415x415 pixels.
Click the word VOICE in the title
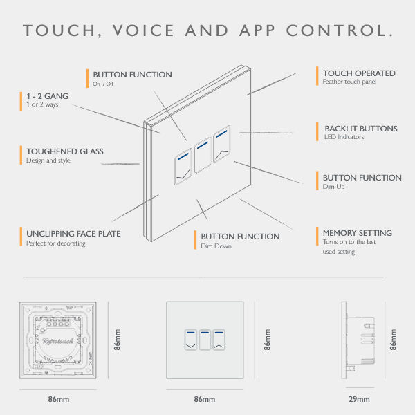click(x=143, y=30)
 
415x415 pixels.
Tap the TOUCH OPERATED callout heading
click(x=359, y=73)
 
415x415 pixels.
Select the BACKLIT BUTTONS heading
click(x=361, y=129)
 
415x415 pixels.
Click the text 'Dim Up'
click(x=333, y=187)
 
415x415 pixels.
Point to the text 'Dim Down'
click(x=216, y=246)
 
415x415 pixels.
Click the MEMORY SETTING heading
click(x=358, y=233)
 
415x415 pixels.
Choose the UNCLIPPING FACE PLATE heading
click(x=73, y=234)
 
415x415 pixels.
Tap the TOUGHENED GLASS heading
click(x=65, y=151)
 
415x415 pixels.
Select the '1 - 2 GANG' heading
click(x=47, y=96)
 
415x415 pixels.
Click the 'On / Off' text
click(x=103, y=84)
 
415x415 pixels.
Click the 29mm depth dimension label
click(x=359, y=399)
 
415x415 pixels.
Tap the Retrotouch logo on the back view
click(x=57, y=341)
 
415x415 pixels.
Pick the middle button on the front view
click(x=205, y=340)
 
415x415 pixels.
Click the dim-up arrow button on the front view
click(x=219, y=340)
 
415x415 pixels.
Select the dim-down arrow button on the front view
click(x=191, y=340)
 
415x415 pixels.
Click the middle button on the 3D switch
click(x=203, y=156)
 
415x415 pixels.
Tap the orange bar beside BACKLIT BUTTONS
click(x=317, y=131)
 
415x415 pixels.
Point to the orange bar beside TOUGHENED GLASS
click(x=21, y=155)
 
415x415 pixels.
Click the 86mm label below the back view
click(x=59, y=399)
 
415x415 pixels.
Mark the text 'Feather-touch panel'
click(x=349, y=82)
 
